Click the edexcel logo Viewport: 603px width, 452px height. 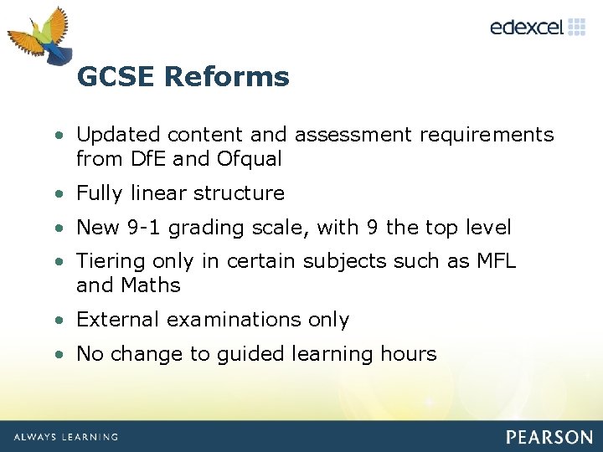[537, 27]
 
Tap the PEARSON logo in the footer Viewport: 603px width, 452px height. [549, 437]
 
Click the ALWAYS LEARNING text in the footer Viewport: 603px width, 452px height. [65, 437]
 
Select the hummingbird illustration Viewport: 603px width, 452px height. [42, 38]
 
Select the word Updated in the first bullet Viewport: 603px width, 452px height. [118, 135]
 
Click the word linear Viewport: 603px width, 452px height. [160, 193]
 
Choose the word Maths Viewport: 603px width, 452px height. [151, 285]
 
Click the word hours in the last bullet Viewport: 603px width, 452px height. [406, 354]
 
